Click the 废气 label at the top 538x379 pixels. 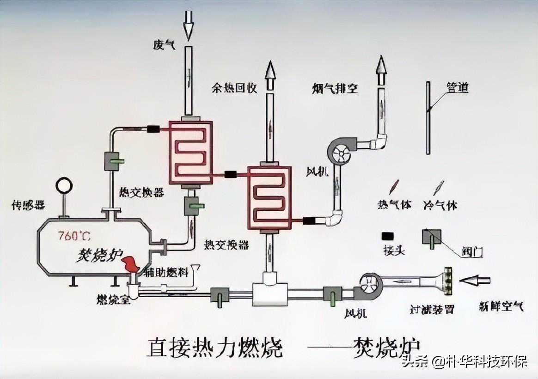[164, 45]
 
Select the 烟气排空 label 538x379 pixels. [335, 88]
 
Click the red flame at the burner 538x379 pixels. [130, 265]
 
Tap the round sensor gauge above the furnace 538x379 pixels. [64, 186]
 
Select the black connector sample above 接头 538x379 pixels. [387, 236]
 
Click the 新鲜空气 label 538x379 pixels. [501, 306]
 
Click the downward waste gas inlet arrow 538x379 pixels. [188, 29]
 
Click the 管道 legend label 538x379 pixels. [457, 87]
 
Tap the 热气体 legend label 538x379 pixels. [394, 205]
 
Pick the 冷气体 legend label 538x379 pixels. [440, 205]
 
